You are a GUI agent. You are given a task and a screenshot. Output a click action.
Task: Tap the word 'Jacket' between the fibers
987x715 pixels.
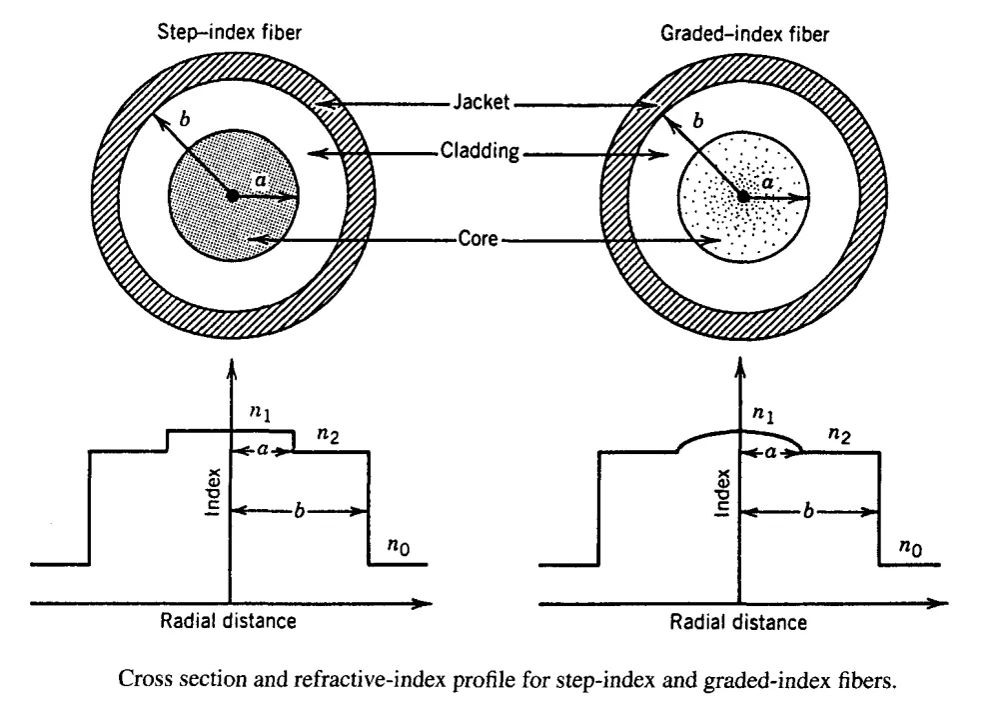click(x=488, y=101)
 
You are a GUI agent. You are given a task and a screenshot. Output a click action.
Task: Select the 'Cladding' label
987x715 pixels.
click(x=488, y=154)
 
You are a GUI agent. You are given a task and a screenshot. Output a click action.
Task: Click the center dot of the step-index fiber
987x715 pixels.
click(x=232, y=196)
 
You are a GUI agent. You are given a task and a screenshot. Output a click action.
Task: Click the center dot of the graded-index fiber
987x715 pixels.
click(x=743, y=197)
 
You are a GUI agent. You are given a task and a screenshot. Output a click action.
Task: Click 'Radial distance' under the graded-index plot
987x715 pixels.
click(x=738, y=622)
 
